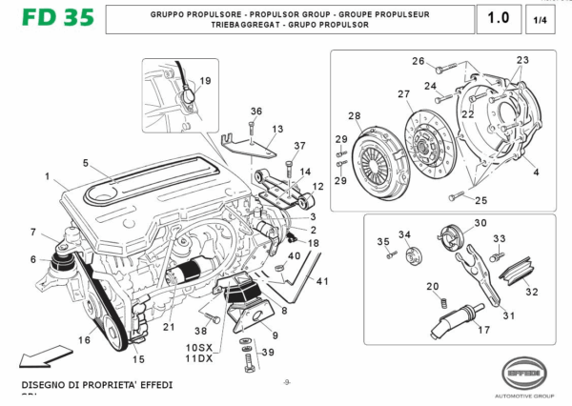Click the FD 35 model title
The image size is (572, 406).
(x=46, y=18)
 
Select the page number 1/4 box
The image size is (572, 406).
(x=540, y=19)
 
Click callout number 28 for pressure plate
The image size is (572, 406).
(x=355, y=116)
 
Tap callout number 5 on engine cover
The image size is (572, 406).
(x=86, y=163)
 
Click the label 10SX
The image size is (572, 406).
(x=199, y=350)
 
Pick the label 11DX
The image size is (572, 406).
(x=199, y=361)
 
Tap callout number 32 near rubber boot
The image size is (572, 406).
(x=532, y=293)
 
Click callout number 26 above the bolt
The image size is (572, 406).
(x=418, y=62)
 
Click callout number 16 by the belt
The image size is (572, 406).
(x=84, y=339)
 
